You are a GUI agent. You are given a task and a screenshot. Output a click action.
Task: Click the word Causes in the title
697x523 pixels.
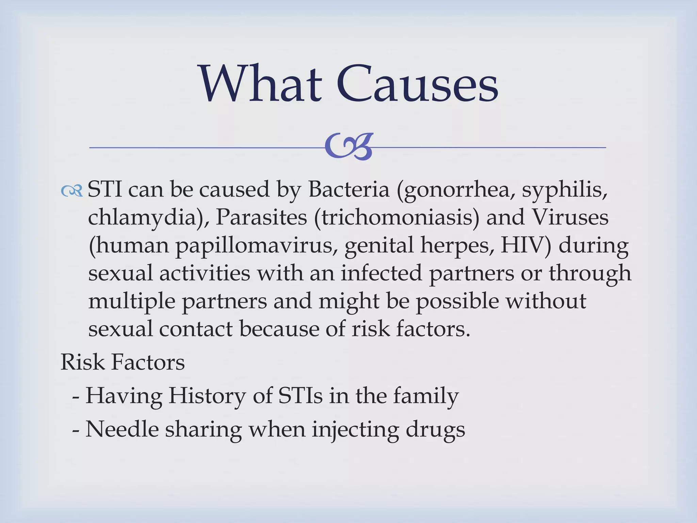[418, 84]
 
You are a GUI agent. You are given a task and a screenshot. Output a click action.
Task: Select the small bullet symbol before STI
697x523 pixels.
[72, 191]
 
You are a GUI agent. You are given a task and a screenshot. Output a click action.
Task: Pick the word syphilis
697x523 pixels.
[565, 190]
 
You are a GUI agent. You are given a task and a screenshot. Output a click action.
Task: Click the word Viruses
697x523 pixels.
[570, 217]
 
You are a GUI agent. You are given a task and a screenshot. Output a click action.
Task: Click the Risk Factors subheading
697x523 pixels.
[123, 362]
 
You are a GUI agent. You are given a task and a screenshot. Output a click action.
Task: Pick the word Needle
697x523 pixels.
[122, 429]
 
